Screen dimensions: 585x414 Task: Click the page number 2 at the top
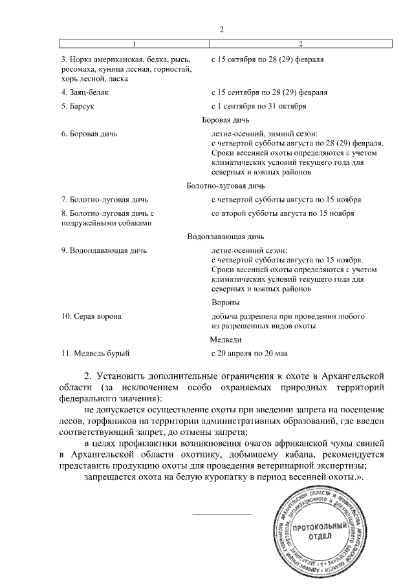point(221,30)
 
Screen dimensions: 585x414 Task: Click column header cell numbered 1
point(135,43)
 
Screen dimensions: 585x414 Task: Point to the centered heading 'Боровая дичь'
point(225,120)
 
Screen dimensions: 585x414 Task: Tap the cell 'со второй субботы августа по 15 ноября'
point(283,213)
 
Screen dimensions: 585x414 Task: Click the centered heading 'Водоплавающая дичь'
point(225,236)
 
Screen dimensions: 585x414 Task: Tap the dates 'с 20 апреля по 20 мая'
point(249,353)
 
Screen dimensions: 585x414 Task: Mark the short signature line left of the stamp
point(222,514)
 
